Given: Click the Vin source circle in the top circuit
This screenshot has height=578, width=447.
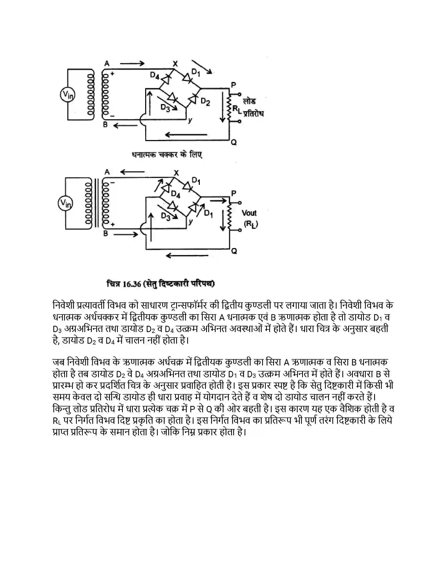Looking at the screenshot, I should [67, 95].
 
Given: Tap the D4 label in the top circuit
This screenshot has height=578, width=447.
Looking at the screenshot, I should [155, 76].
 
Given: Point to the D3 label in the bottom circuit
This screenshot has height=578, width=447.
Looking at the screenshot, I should [166, 216].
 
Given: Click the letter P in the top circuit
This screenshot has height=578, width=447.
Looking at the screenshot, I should [233, 85].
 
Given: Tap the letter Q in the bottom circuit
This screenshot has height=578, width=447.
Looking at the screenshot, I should [234, 251].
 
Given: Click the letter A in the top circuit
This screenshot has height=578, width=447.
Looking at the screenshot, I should [107, 64].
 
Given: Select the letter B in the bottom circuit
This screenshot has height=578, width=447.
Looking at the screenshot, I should [106, 234].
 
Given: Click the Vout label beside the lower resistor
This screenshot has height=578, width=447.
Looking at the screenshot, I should [249, 213].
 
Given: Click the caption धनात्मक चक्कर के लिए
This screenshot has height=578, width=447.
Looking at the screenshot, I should [167, 155].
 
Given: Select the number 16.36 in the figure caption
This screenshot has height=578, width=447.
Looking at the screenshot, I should [132, 284].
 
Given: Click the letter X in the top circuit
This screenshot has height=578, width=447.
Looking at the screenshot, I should [175, 64].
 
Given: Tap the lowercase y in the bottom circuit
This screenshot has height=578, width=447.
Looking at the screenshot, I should [190, 223].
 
